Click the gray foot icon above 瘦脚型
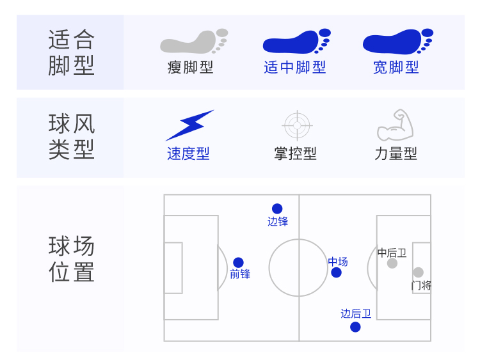(x=194, y=42)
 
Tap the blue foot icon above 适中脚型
(x=296, y=42)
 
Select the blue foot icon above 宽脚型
(x=398, y=42)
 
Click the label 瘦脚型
(x=190, y=67)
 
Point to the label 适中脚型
(x=295, y=67)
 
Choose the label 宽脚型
(x=396, y=67)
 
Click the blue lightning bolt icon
(x=190, y=125)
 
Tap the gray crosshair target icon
(x=297, y=125)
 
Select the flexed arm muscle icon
(x=396, y=125)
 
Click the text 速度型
(x=188, y=153)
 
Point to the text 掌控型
(x=295, y=153)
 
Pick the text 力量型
(x=396, y=153)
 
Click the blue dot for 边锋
(x=277, y=208)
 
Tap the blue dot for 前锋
(x=238, y=262)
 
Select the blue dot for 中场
(x=336, y=272)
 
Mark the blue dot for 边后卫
(x=355, y=327)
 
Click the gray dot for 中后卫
(x=392, y=263)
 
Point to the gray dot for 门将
(x=418, y=272)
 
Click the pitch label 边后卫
(x=356, y=313)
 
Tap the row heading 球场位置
(x=71, y=259)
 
